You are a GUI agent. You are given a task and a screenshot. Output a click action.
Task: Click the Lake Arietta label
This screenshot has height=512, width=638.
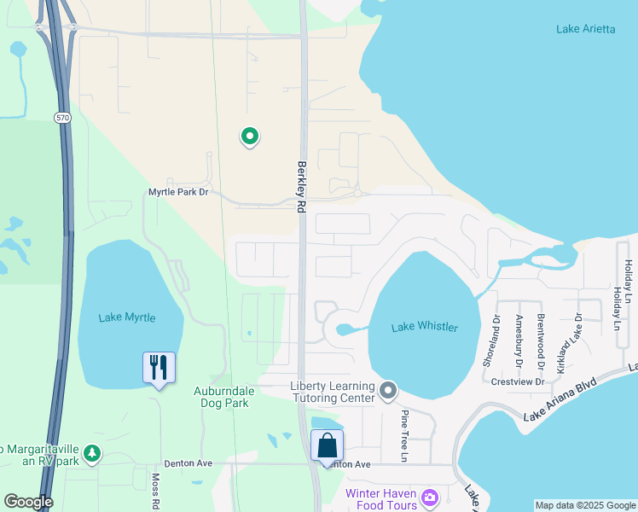(x=585, y=29)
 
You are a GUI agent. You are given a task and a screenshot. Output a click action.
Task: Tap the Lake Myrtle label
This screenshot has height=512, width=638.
(x=127, y=317)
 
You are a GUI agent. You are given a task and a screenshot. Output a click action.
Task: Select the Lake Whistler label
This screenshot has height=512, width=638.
(x=425, y=328)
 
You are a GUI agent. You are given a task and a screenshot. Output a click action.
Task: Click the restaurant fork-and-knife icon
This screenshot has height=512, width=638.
(x=159, y=368)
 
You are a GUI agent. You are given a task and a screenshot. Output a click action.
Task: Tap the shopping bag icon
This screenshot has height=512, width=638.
(x=328, y=445)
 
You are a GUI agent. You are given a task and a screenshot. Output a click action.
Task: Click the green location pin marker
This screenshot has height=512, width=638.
(x=250, y=136)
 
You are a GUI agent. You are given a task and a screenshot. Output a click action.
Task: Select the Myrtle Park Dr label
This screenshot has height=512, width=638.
(x=178, y=192)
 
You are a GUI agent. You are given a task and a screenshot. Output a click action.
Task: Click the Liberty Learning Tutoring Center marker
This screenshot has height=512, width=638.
(x=388, y=392)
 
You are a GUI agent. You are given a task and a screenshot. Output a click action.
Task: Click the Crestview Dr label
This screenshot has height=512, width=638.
(x=518, y=381)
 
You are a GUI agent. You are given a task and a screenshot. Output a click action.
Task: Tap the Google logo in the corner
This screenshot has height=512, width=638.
(x=28, y=502)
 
